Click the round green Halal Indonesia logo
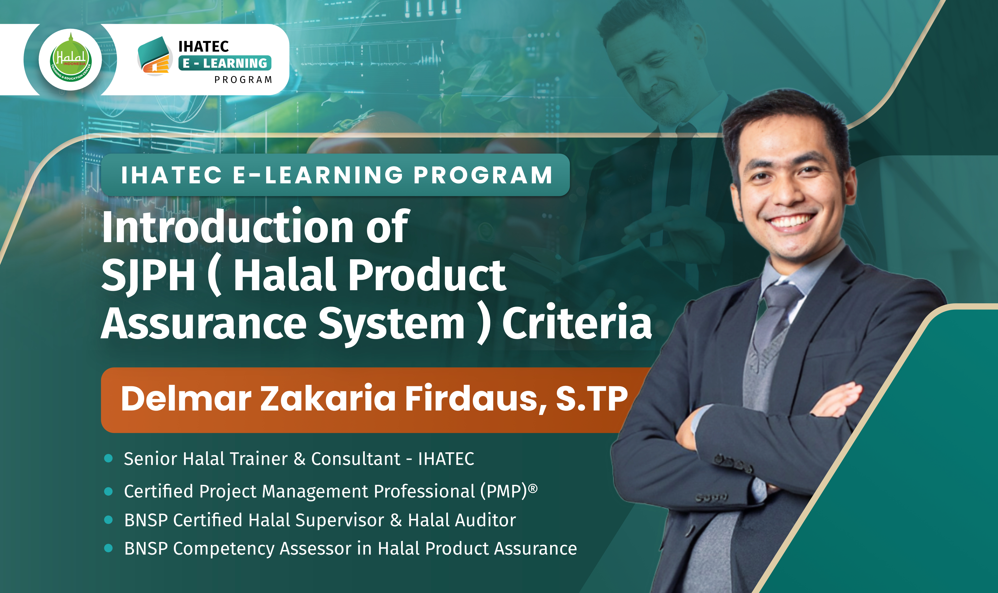pos(70,60)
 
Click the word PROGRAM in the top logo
pos(243,80)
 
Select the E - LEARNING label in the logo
pos(225,63)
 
